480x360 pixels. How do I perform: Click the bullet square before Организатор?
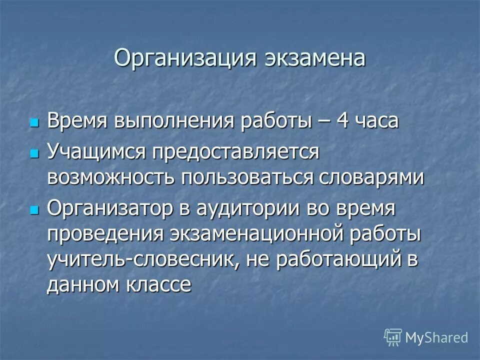(x=34, y=209)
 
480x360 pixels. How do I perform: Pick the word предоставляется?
(x=235, y=150)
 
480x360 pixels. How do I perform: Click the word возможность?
(x=110, y=177)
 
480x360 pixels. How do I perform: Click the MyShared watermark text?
(x=436, y=337)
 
